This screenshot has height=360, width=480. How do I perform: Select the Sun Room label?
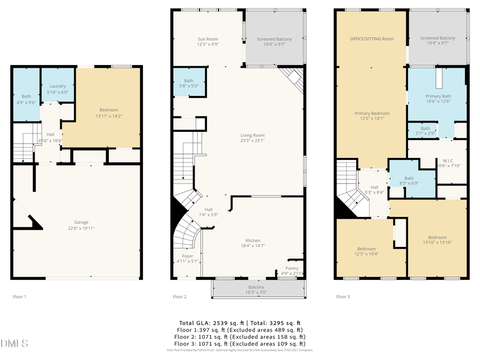[x=208, y=39]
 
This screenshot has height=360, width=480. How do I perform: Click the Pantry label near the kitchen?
[x=292, y=268]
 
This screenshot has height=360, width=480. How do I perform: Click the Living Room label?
[x=252, y=135]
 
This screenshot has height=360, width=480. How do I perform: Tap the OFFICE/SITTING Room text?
[x=372, y=39]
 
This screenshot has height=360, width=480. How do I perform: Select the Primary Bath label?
[x=437, y=96]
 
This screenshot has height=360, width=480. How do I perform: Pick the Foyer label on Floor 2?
[x=188, y=256]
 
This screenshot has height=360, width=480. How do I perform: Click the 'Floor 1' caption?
[x=19, y=296]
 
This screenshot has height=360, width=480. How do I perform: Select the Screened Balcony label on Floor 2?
[x=274, y=39]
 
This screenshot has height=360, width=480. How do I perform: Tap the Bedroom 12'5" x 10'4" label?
[x=366, y=249]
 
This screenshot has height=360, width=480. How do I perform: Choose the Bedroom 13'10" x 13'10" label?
[x=437, y=238]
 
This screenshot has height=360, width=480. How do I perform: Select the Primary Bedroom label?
[x=372, y=113]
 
